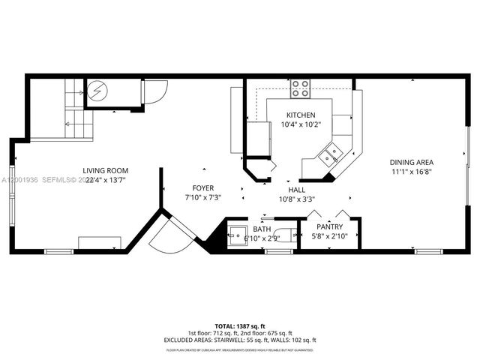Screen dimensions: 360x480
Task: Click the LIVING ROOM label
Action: click(x=106, y=171)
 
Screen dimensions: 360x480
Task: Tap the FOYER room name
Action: click(x=202, y=188)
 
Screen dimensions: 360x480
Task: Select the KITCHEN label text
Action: click(x=300, y=115)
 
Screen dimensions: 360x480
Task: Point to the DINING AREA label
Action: click(x=410, y=162)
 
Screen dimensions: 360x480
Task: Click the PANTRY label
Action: click(x=330, y=226)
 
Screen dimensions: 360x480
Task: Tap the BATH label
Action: click(x=262, y=229)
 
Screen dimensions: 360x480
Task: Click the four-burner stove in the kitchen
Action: click(x=301, y=88)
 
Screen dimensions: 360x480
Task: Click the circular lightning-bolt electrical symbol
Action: click(x=97, y=91)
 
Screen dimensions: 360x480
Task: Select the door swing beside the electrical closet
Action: click(x=155, y=91)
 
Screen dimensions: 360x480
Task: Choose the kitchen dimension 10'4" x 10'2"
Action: click(x=300, y=124)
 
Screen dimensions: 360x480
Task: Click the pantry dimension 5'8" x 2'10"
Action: click(x=330, y=236)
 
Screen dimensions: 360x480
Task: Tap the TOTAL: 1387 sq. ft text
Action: click(x=240, y=326)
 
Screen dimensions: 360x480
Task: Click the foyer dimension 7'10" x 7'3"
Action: click(x=202, y=198)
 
